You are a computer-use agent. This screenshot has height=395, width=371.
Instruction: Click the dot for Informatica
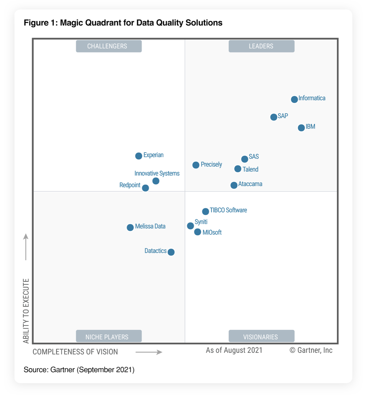pyautogui.click(x=294, y=99)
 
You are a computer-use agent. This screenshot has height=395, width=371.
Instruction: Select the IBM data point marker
pyautogui.click(x=301, y=128)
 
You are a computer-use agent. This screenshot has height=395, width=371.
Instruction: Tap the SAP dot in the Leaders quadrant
pyautogui.click(x=274, y=117)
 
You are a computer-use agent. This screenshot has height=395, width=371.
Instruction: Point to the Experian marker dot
pyautogui.click(x=139, y=156)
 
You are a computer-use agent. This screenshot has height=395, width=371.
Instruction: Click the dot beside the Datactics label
pyautogui.click(x=171, y=252)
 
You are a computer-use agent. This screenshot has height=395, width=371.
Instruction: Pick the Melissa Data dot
pyautogui.click(x=130, y=227)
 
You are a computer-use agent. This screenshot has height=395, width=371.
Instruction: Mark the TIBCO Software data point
pyautogui.click(x=205, y=211)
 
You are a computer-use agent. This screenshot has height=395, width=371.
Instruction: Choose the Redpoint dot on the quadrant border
pyautogui.click(x=145, y=188)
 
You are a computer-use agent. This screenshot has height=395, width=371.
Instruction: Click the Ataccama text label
pyautogui.click(x=250, y=184)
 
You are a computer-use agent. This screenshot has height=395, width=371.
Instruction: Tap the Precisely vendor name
pyautogui.click(x=211, y=164)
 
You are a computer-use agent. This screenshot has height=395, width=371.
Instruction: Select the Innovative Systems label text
pyautogui.click(x=157, y=173)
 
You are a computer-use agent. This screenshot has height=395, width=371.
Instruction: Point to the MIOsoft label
pyautogui.click(x=212, y=232)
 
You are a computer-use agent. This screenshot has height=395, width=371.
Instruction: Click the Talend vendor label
pyautogui.click(x=250, y=169)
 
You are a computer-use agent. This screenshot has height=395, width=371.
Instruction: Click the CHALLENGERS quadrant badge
pyautogui.click(x=109, y=46)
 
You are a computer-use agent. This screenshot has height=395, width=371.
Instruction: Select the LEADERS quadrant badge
pyautogui.click(x=261, y=46)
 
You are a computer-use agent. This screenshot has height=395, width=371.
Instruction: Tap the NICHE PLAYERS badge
pyautogui.click(x=109, y=337)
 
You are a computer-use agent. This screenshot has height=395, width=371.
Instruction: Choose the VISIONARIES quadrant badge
pyautogui.click(x=261, y=337)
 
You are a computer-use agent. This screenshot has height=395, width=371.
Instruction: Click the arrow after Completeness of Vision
pyautogui.click(x=149, y=352)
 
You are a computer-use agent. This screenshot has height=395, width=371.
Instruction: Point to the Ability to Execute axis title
pyautogui.click(x=26, y=311)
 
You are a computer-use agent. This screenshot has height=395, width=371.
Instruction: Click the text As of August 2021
pyautogui.click(x=234, y=350)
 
